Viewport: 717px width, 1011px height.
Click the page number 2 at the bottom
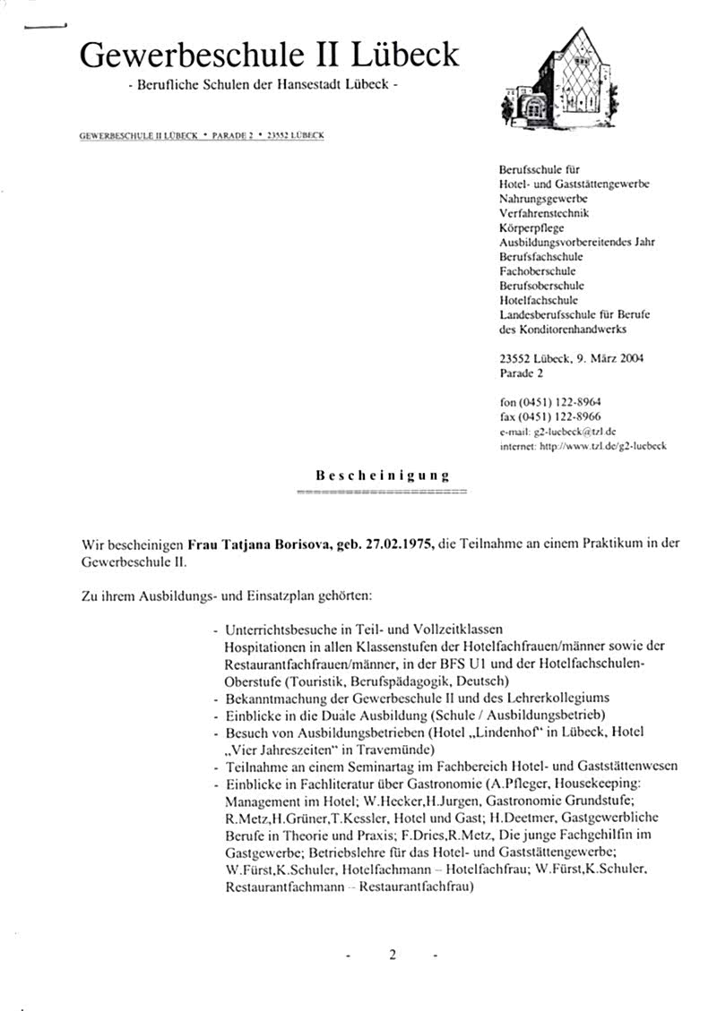coord(392,955)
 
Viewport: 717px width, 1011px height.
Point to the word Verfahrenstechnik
coord(544,214)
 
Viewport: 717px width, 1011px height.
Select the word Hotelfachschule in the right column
coord(539,300)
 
